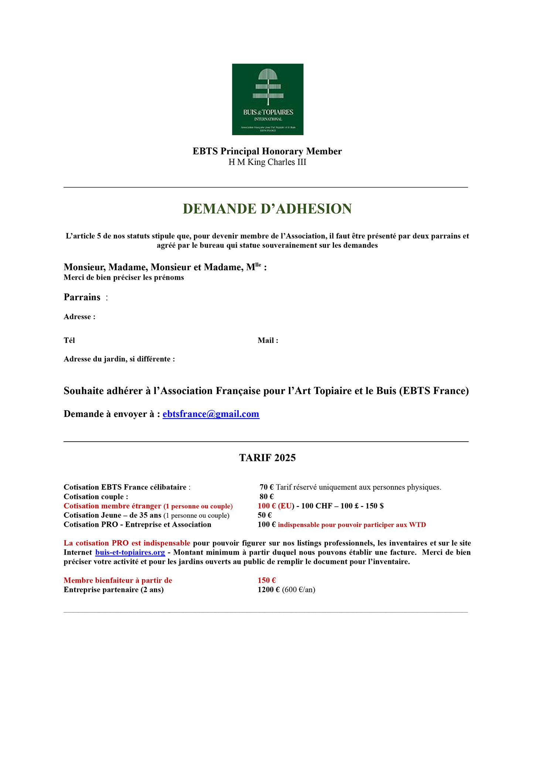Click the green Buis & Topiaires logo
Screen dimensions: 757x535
[x=267, y=99]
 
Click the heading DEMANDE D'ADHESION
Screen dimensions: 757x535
[x=267, y=209]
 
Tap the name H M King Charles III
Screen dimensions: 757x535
[x=267, y=162]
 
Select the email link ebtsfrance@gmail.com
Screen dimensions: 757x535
[x=211, y=414]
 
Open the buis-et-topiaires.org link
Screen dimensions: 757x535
[x=130, y=553]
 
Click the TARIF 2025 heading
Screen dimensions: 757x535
[x=267, y=458]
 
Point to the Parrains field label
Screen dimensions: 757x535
[x=82, y=297]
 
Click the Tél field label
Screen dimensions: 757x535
[x=69, y=340]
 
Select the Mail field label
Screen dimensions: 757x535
[x=267, y=340]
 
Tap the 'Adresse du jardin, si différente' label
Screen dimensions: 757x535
[x=119, y=359]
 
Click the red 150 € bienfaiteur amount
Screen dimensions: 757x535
[x=266, y=581]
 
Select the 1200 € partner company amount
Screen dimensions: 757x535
[x=268, y=590]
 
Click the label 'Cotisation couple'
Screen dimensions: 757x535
[x=96, y=496]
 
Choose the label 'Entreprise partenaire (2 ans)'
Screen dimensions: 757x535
[x=113, y=590]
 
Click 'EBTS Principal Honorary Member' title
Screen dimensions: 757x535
[x=267, y=151]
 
